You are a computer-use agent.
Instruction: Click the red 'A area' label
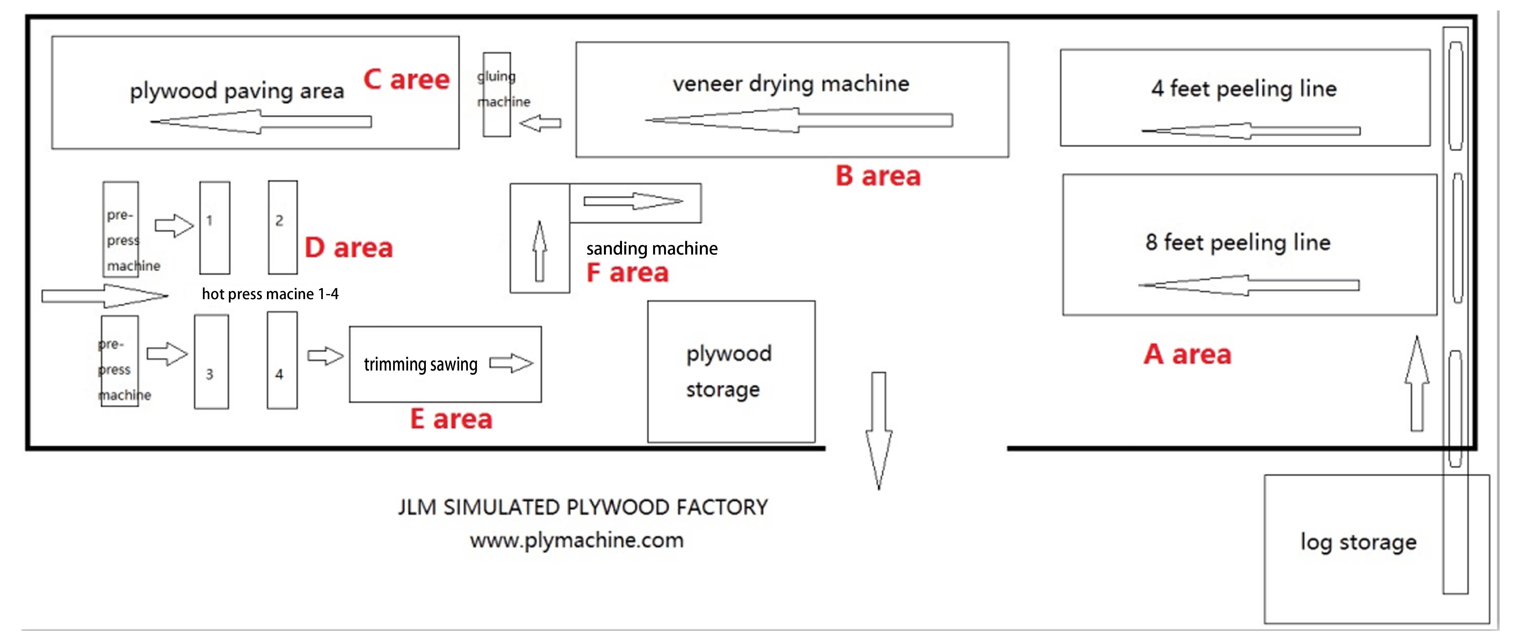pos(1187,354)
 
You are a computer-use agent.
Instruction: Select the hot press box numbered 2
pos(283,228)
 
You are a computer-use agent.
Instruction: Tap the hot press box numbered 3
pos(211,361)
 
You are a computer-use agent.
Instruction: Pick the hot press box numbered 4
pos(282,360)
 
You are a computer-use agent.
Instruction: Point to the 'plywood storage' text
pos(728,371)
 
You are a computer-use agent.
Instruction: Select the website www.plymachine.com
pos(577,540)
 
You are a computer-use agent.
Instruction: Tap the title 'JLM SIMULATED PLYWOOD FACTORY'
pos(582,507)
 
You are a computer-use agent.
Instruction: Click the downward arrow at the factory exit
pos(879,431)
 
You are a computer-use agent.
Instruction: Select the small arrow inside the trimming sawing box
pos(511,363)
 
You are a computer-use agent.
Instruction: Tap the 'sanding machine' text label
pos(651,248)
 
